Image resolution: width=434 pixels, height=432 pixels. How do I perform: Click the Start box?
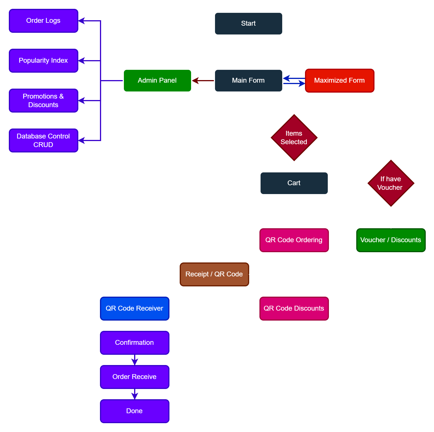pyautogui.click(x=248, y=24)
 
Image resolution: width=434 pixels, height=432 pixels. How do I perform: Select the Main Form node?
pyautogui.click(x=248, y=81)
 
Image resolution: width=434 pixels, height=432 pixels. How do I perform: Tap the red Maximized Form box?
pyautogui.click(x=339, y=81)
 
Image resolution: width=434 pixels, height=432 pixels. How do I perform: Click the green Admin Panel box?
pyautogui.click(x=157, y=81)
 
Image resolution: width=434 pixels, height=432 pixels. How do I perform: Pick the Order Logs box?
pyautogui.click(x=43, y=21)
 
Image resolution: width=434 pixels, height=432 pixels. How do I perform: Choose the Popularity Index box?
pyautogui.click(x=43, y=61)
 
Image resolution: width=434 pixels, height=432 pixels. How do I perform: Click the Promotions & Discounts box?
pyautogui.click(x=43, y=101)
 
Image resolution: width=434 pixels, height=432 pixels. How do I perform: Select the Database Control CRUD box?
pyautogui.click(x=43, y=140)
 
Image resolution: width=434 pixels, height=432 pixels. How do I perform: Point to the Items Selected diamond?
pyautogui.click(x=294, y=138)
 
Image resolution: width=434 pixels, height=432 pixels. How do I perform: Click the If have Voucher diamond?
pyautogui.click(x=391, y=183)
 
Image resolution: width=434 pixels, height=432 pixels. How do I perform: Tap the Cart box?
pyautogui.click(x=294, y=183)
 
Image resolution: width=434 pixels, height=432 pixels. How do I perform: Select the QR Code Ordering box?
pyautogui.click(x=294, y=240)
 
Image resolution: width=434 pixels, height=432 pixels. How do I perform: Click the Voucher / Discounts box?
pyautogui.click(x=391, y=240)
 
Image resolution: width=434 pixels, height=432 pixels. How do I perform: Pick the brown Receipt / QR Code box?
pyautogui.click(x=214, y=274)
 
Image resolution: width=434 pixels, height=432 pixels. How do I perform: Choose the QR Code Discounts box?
pyautogui.click(x=294, y=309)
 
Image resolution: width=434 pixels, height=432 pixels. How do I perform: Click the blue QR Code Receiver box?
pyautogui.click(x=134, y=309)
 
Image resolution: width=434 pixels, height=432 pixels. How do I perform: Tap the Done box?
pyautogui.click(x=134, y=411)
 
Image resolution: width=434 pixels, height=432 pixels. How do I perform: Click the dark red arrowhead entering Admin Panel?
pyautogui.click(x=196, y=81)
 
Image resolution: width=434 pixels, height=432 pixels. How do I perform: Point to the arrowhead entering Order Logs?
pyautogui.click(x=82, y=21)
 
